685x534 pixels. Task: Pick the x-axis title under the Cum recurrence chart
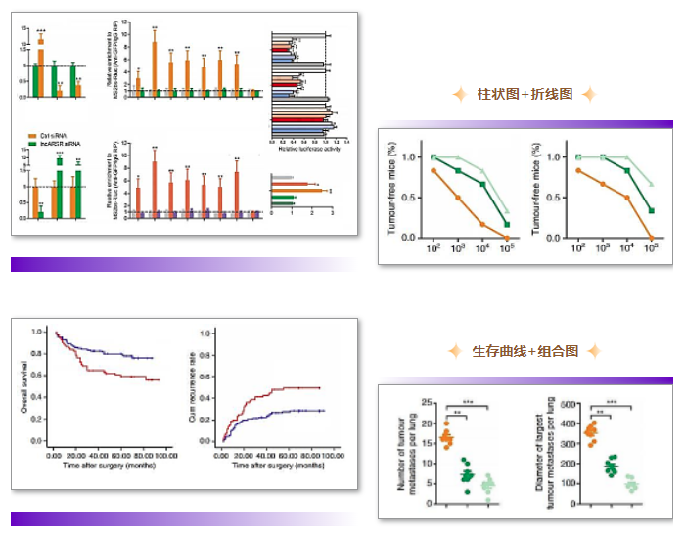tap(277, 467)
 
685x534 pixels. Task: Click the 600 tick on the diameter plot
tap(570, 403)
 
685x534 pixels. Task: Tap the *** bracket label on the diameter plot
tap(612, 402)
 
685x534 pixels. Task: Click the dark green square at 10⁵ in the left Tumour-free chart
tap(507, 225)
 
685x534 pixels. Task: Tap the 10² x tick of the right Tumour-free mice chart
tap(577, 251)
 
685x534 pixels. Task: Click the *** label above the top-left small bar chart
tap(41, 32)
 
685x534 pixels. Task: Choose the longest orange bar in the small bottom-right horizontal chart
tap(299, 190)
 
